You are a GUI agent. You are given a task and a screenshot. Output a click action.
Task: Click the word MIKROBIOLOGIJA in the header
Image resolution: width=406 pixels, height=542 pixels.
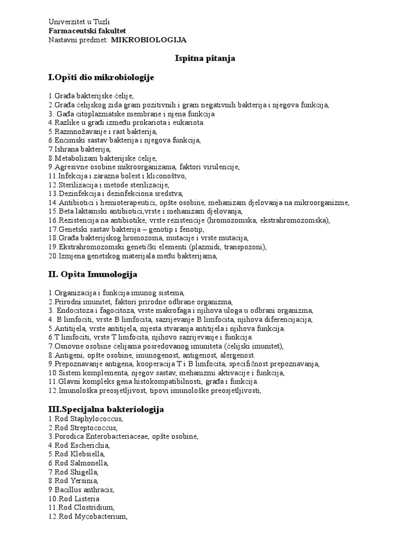coord(149,40)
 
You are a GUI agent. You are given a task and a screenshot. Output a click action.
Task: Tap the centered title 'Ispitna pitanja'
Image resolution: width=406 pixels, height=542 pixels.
coord(205,59)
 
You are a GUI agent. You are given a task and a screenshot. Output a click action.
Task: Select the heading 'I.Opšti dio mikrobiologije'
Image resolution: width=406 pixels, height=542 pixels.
coord(101,78)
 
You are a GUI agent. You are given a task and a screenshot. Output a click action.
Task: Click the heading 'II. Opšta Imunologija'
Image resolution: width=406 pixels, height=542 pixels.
coord(93,274)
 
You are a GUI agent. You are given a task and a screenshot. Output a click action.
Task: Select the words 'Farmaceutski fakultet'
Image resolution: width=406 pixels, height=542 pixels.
coord(87,31)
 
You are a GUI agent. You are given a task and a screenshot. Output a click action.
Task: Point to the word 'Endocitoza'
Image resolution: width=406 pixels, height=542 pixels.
coord(76,310)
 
